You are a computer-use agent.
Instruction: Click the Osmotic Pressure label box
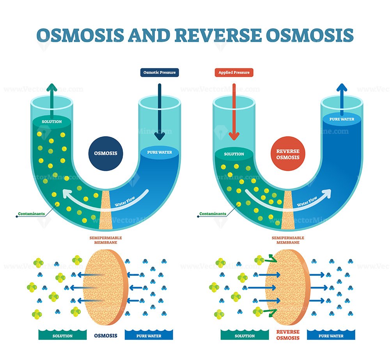pos(160,73)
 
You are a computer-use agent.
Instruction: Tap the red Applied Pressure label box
pos(234,73)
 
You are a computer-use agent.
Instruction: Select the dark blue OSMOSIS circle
pos(106,153)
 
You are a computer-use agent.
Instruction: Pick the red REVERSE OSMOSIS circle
pos(288,154)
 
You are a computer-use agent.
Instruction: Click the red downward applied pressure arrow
pos(234,112)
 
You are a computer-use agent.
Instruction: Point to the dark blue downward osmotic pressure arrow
pos(160,112)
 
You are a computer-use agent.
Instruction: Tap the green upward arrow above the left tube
pos(52,101)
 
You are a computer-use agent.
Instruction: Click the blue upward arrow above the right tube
pos(342,99)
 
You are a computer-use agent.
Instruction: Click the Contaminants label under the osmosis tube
pos(31,214)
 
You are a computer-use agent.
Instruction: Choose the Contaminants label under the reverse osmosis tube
pos(213,214)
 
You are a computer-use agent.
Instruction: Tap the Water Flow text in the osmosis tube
pos(125,201)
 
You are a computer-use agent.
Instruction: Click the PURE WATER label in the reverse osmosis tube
pos(342,119)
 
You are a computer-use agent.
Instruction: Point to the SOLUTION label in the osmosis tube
pos(52,122)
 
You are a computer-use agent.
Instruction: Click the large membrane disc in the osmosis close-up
pos(106,287)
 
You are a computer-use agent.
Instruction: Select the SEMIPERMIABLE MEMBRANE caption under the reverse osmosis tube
pos(288,240)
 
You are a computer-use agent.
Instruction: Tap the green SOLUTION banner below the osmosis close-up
pos(62,335)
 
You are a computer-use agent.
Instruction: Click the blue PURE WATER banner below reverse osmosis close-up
pos(331,335)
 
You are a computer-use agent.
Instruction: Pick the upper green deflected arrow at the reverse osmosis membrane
pos(271,259)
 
